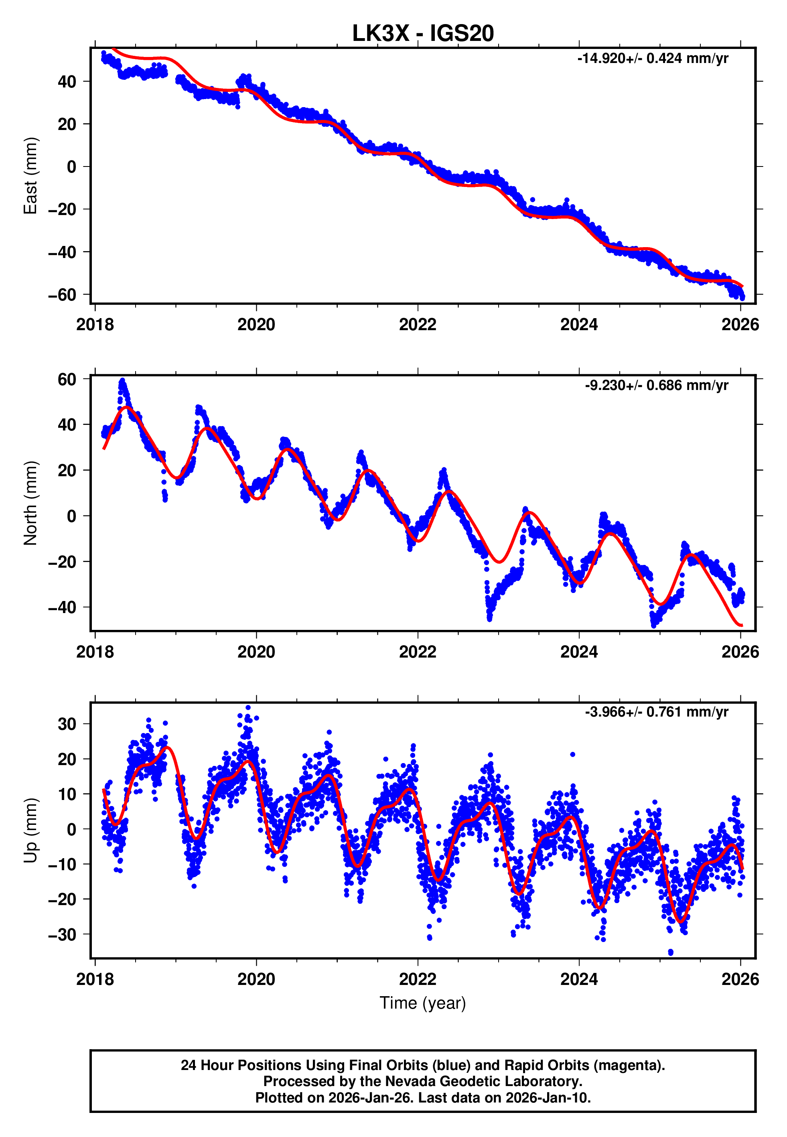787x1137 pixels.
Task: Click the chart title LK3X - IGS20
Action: (423, 34)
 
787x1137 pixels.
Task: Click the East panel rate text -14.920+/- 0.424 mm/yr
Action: (652, 59)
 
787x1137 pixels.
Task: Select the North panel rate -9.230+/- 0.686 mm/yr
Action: (656, 385)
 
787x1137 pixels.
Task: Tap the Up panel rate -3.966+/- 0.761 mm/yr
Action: (656, 712)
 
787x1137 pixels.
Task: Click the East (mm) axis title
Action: (30, 176)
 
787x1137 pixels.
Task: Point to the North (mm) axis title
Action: (30, 503)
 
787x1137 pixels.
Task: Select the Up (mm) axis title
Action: (30, 830)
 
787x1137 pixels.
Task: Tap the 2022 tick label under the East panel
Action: (418, 325)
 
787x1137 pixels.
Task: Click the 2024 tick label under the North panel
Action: (579, 652)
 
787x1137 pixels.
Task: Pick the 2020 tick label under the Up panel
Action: (256, 979)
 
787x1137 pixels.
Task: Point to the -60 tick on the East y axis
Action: (62, 295)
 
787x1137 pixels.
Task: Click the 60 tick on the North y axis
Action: (67, 379)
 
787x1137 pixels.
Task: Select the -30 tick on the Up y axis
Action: (62, 934)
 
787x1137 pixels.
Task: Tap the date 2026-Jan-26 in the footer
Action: (361, 1098)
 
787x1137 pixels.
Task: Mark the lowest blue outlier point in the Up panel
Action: (671, 952)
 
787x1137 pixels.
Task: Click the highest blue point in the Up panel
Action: (248, 708)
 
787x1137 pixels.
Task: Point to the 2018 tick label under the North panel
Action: (95, 652)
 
